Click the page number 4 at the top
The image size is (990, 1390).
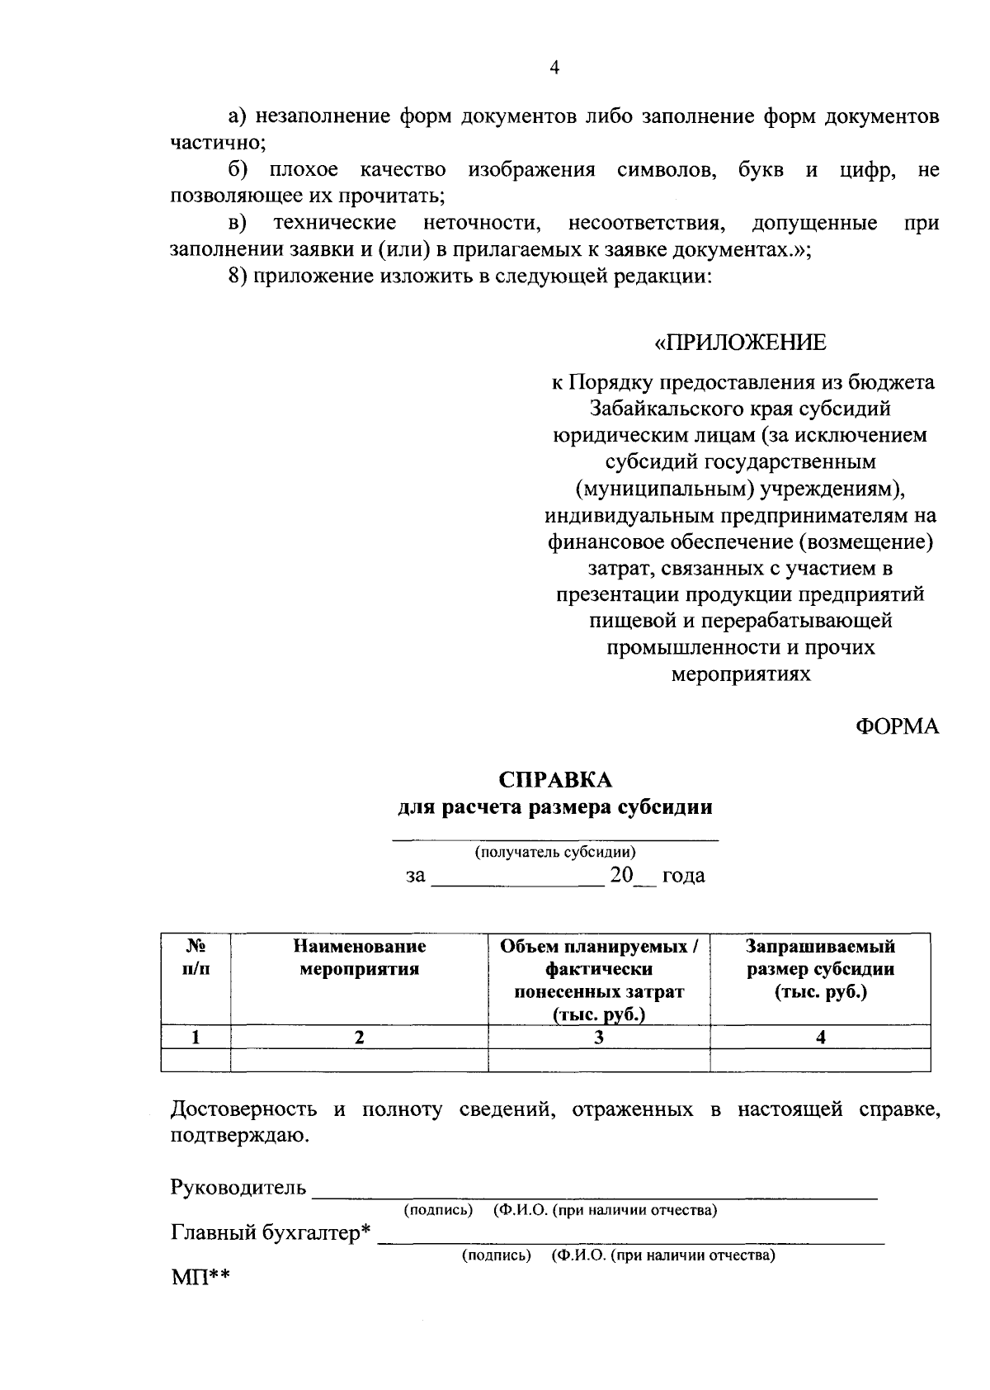pyautogui.click(x=554, y=69)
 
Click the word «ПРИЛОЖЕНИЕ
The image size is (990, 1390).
pyautogui.click(x=740, y=343)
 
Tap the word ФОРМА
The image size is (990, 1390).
pyautogui.click(x=897, y=726)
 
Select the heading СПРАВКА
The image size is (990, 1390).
pyautogui.click(x=554, y=780)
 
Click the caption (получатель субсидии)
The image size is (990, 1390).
pyautogui.click(x=554, y=852)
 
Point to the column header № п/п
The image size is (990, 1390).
pyautogui.click(x=196, y=957)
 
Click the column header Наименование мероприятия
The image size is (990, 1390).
pyautogui.click(x=359, y=957)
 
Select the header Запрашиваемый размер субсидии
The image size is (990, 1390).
pyautogui.click(x=820, y=969)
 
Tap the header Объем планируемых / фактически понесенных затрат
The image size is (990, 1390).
pyautogui.click(x=599, y=980)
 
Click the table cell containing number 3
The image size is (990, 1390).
pyautogui.click(x=599, y=1038)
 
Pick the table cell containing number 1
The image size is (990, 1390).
pyautogui.click(x=196, y=1038)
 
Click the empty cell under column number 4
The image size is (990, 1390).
pyautogui.click(x=820, y=1060)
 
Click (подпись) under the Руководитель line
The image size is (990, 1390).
pyautogui.click(x=437, y=1210)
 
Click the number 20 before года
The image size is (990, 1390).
pyautogui.click(x=620, y=875)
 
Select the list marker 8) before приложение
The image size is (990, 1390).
pyautogui.click(x=238, y=277)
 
